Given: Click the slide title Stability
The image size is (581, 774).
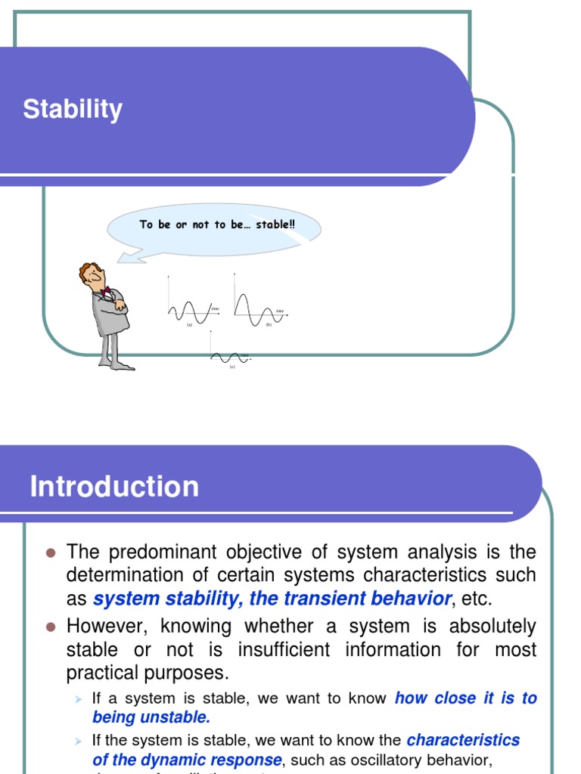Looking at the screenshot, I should pos(73,110).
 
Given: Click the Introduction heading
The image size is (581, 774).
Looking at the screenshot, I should pos(114,486).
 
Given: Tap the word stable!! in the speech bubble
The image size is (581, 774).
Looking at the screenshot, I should pos(275,224).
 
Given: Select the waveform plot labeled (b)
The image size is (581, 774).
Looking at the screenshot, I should pos(259,306).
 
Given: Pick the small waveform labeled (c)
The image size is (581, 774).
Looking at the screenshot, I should pos(229,357).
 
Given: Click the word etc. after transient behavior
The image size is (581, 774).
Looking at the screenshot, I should pos(477,599).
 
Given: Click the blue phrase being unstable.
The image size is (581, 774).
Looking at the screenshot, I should pos(151,717).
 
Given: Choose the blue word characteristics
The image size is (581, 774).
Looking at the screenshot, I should pos(463,739).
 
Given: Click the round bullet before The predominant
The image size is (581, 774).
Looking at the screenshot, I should pos(51,553).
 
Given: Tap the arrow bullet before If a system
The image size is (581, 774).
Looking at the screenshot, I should pos(76,699).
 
